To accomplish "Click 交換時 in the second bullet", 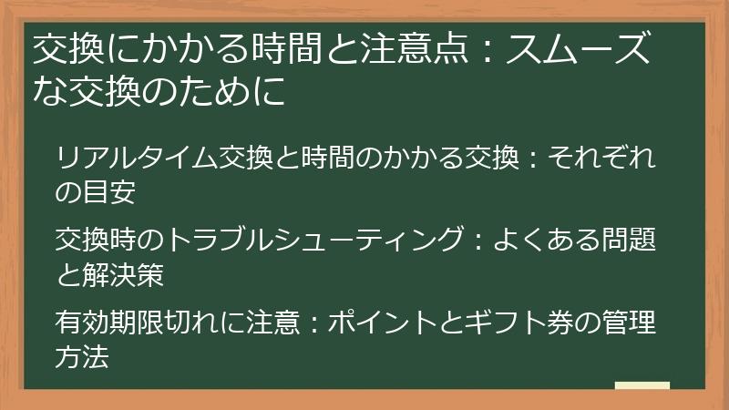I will coord(98,241).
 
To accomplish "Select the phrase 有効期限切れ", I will coord(139,323).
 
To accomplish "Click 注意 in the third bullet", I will coord(272,323).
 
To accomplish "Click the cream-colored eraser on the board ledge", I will coord(642,385).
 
